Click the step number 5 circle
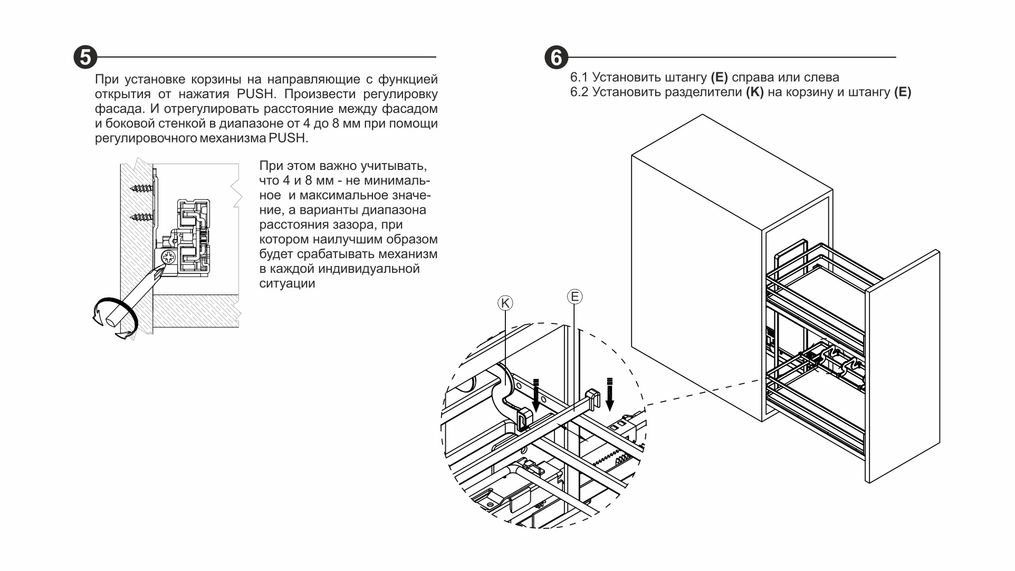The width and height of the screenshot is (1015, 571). (85, 57)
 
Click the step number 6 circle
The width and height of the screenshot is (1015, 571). (556, 57)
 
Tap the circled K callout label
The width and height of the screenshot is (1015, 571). (505, 303)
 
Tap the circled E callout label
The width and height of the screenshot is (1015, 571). (574, 297)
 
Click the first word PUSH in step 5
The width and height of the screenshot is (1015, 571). (256, 94)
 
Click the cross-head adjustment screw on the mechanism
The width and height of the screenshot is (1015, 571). (169, 258)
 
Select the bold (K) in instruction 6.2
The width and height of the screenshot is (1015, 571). (754, 92)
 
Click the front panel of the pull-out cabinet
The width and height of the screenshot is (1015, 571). (902, 369)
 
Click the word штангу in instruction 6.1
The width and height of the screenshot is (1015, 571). (685, 78)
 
